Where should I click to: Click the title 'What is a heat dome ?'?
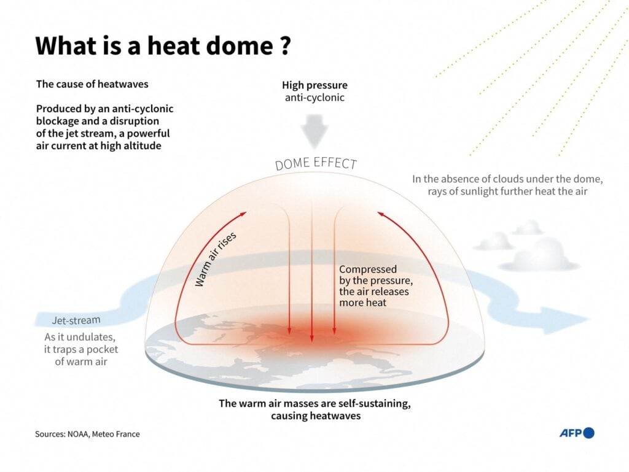tap(163, 46)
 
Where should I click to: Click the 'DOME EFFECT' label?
tap(316, 163)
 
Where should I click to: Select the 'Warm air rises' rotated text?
tap(216, 259)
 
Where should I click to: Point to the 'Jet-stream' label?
tap(76, 320)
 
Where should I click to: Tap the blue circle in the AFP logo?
tap(588, 433)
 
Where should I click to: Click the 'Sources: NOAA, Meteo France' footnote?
tap(87, 434)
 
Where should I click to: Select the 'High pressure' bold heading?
tap(314, 85)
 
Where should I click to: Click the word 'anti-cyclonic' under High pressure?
tap(314, 98)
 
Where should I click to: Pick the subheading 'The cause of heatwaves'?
tap(92, 83)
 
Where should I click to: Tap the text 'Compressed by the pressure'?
tap(376, 275)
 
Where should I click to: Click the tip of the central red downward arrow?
tap(312, 342)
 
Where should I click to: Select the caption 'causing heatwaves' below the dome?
tap(316, 416)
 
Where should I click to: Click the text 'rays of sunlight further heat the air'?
tap(507, 191)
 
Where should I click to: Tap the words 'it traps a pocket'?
tap(81, 349)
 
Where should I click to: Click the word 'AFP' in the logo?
tap(571, 433)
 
